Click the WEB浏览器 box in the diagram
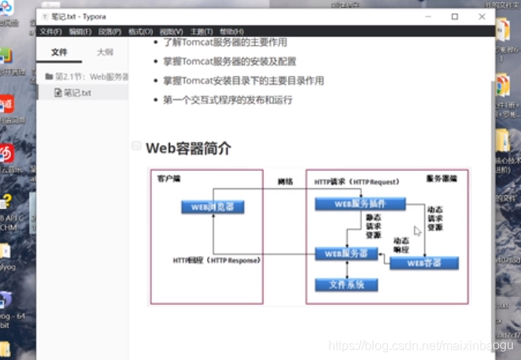212,207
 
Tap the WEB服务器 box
346,254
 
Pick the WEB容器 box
424,263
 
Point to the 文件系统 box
345,284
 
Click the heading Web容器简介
188,148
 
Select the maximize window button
455,17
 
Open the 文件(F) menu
50,32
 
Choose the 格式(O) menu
140,32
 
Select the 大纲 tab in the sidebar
105,52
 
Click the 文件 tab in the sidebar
60,52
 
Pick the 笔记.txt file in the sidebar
77,92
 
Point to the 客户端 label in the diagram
168,179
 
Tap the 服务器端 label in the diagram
441,180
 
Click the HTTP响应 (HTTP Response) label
217,260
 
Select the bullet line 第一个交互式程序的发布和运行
229,100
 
